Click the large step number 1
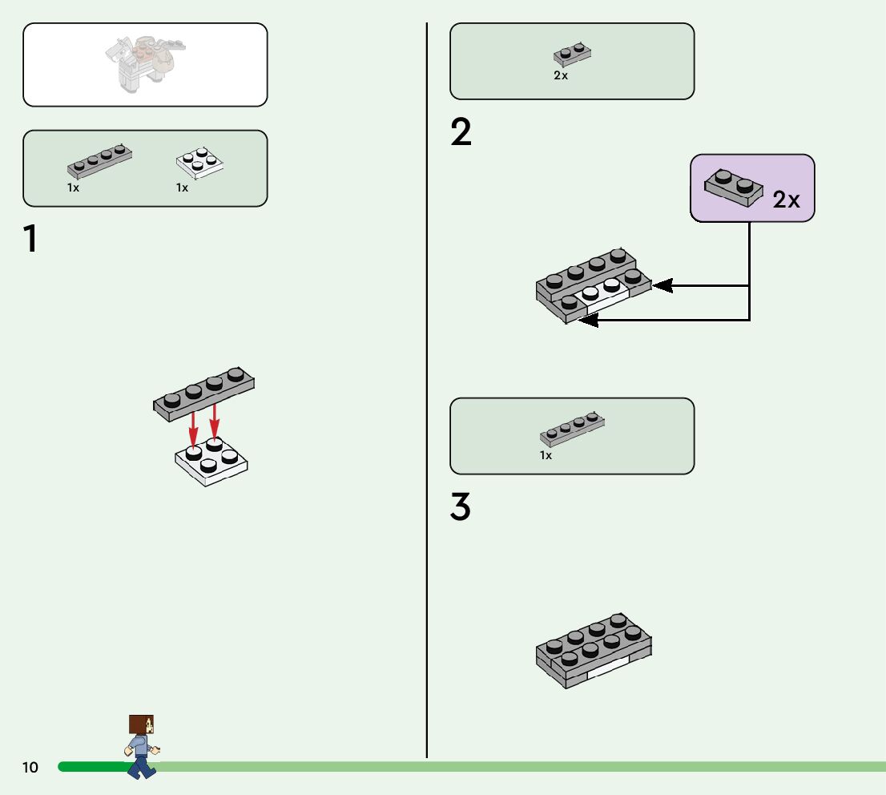[x=30, y=240]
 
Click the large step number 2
[x=461, y=133]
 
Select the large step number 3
[x=461, y=508]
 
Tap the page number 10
[x=30, y=768]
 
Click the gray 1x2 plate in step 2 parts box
[x=572, y=55]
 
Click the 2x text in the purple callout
[x=787, y=200]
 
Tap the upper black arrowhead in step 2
[x=662, y=285]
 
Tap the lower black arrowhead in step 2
[x=588, y=321]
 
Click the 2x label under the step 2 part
[x=561, y=76]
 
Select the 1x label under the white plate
[x=183, y=188]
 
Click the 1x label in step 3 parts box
[x=546, y=455]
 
